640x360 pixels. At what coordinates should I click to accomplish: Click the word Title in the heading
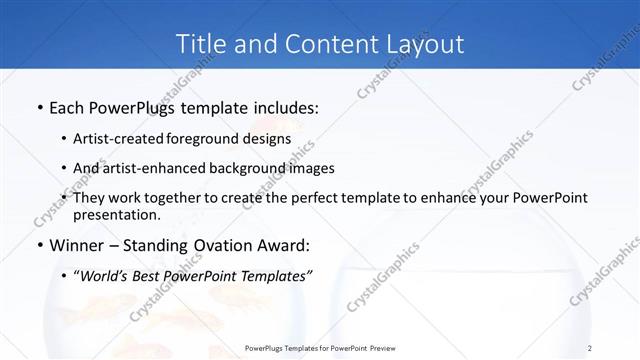tap(200, 44)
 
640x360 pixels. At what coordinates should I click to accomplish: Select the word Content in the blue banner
tap(319, 44)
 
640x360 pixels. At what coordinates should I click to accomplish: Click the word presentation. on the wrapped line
tap(124, 215)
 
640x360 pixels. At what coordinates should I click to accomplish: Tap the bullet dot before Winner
tap(38, 245)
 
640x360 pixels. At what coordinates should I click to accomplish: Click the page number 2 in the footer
tap(590, 347)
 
